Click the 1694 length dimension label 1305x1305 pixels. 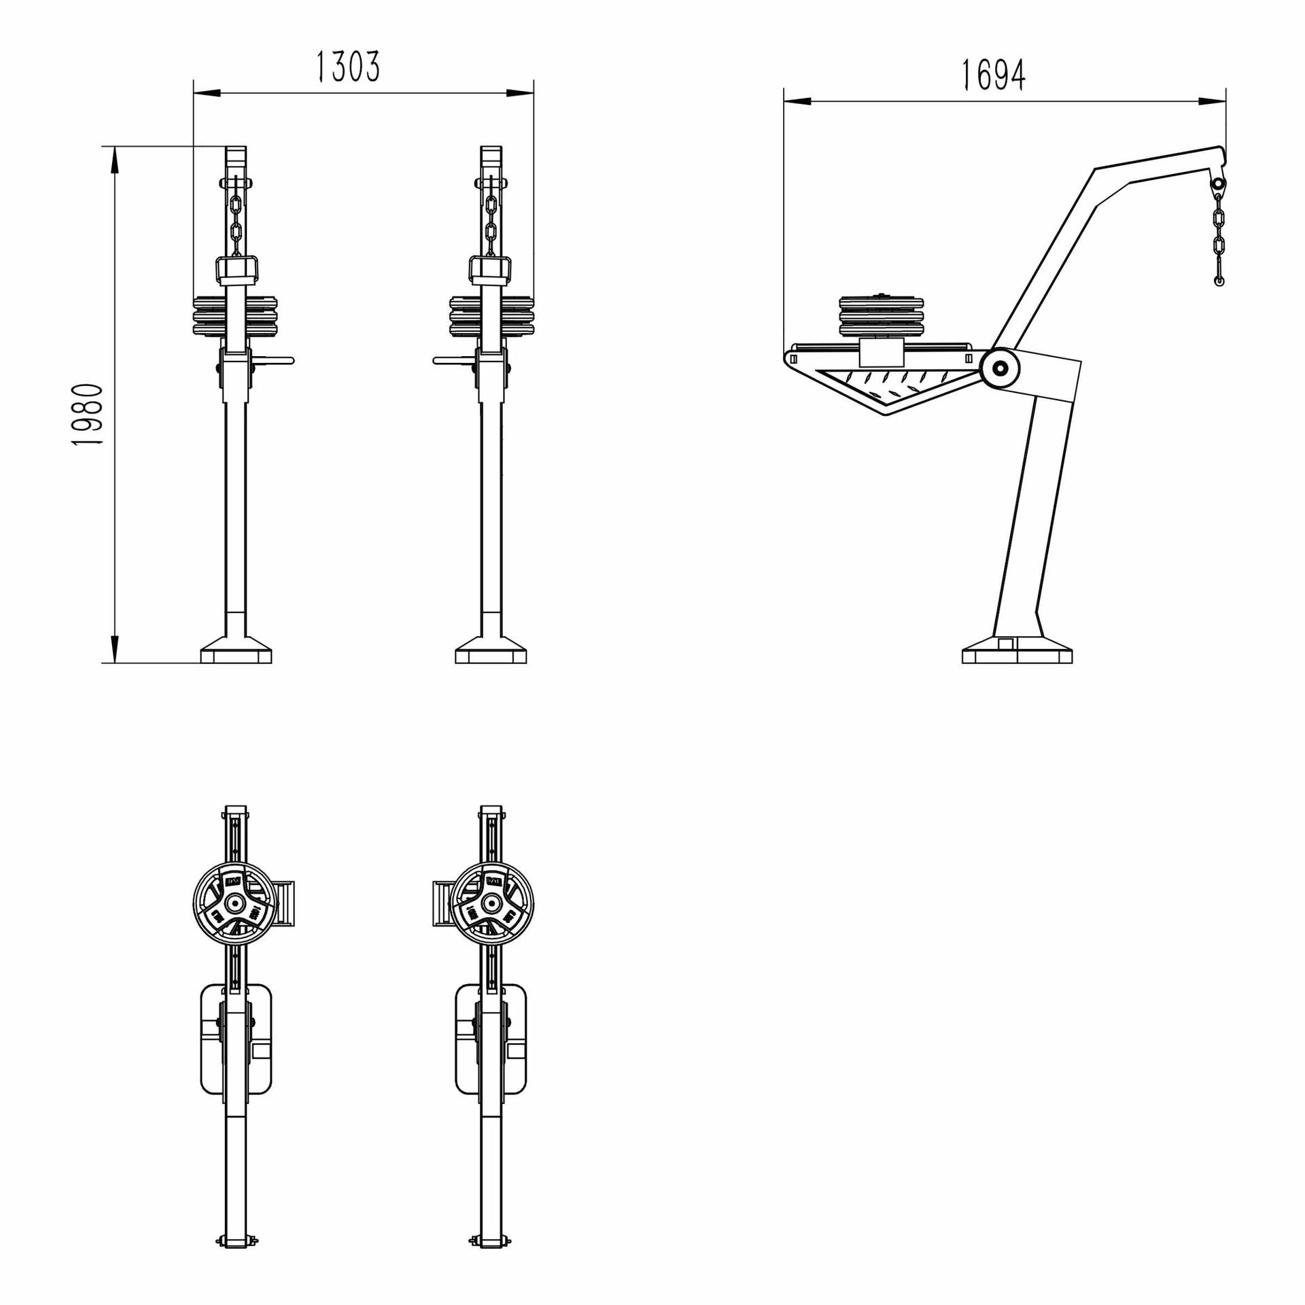993,75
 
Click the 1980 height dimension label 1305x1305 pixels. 88,414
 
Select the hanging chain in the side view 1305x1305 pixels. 1218,234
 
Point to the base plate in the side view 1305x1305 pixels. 1017,654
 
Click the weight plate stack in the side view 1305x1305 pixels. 882,317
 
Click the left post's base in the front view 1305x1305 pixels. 236,652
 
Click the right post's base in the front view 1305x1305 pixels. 491,652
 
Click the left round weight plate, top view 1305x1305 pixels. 234,903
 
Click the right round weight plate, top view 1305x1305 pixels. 492,903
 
